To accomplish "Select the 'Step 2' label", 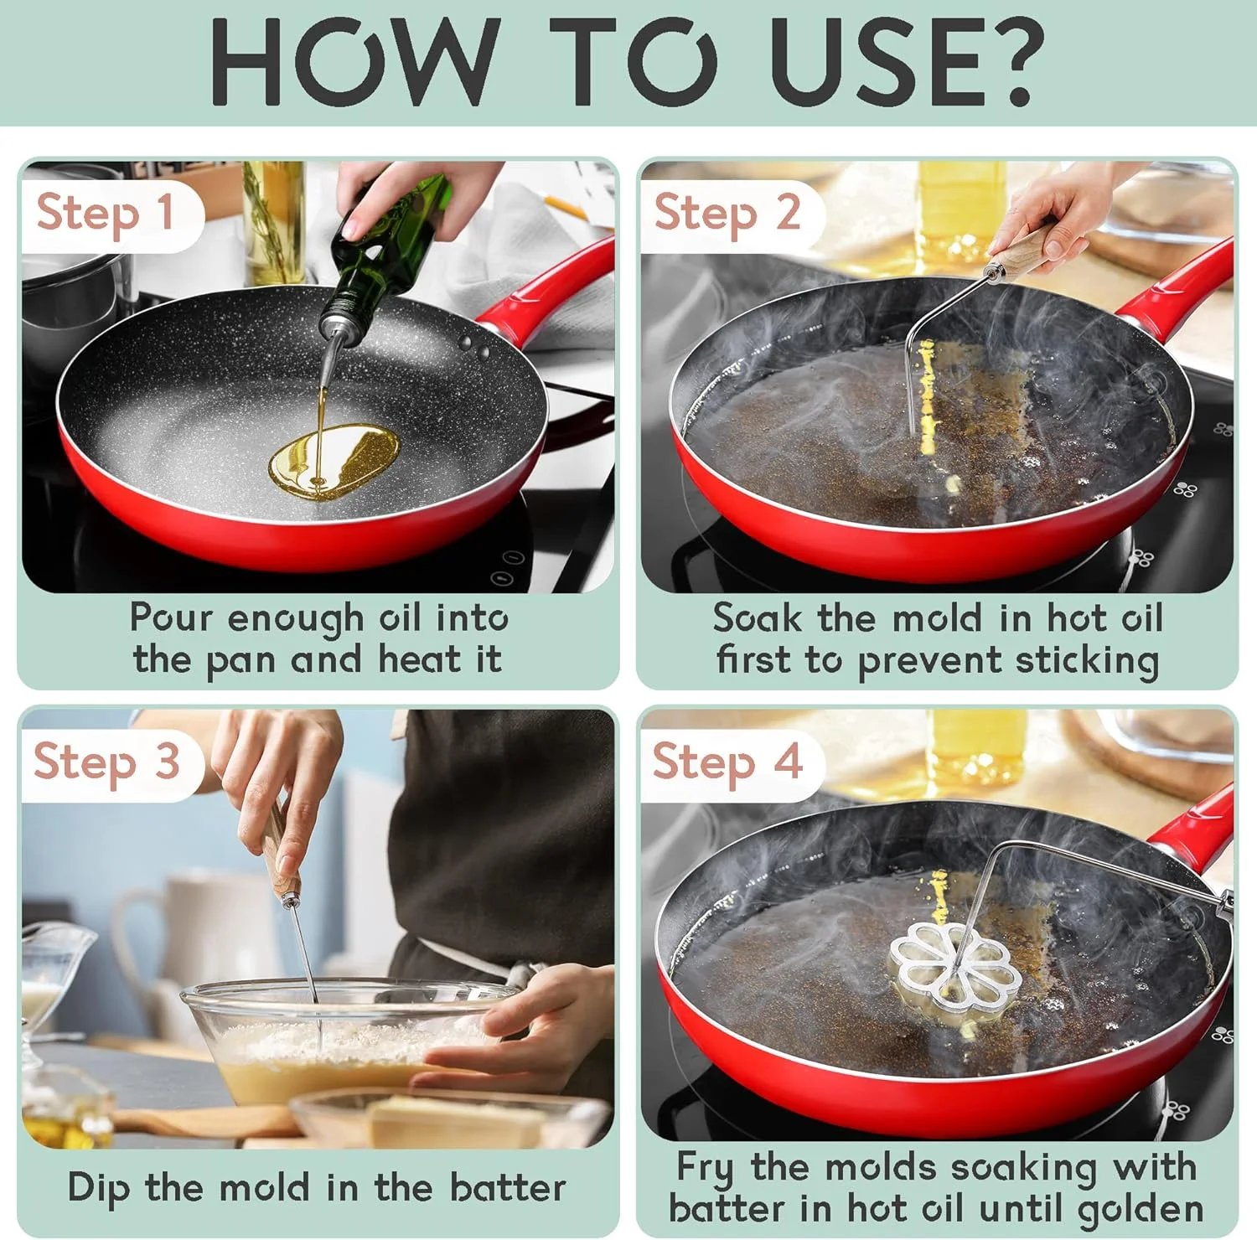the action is point(727,213).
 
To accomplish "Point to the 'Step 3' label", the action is point(106,762).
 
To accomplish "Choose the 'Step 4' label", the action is point(727,762).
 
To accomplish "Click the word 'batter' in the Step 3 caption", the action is point(508,1187).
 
